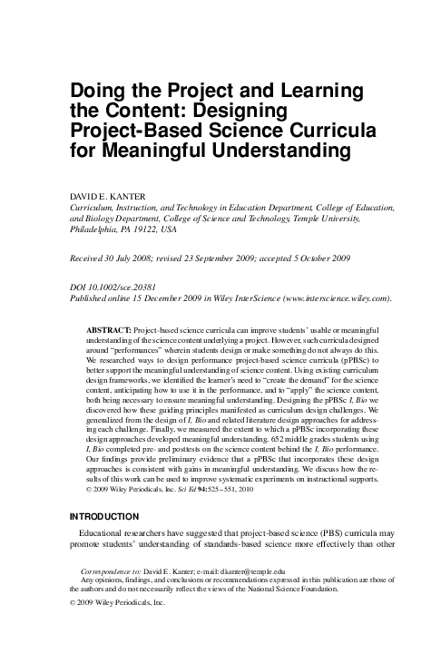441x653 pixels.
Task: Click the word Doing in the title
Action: (98, 91)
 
